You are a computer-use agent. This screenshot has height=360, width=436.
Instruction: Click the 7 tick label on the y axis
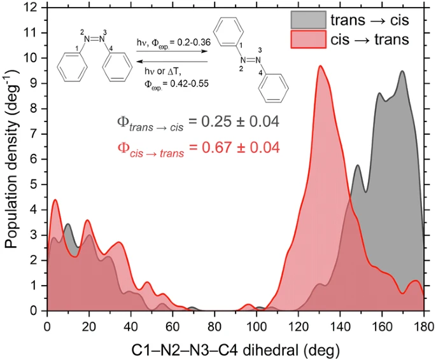[36, 134]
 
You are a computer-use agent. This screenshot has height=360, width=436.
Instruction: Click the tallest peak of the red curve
[320, 66]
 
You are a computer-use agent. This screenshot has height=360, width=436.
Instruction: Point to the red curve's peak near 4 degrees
[55, 200]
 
